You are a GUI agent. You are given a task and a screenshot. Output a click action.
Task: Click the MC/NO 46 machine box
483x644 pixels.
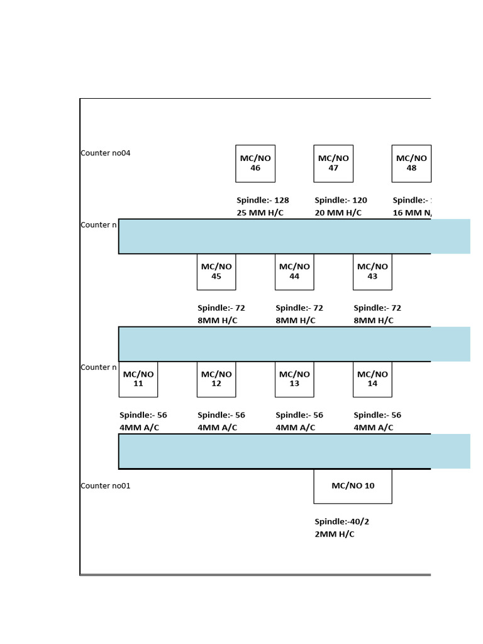click(255, 164)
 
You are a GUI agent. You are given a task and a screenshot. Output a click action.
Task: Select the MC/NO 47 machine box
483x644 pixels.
click(333, 164)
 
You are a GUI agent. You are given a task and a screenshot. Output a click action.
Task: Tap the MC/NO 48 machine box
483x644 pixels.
click(411, 164)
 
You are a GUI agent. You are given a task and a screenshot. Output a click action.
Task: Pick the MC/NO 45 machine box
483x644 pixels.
click(216, 272)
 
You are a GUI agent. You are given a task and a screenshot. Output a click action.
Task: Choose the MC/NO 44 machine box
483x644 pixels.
click(294, 272)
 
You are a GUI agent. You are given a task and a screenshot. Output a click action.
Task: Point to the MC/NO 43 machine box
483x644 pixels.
click(372, 272)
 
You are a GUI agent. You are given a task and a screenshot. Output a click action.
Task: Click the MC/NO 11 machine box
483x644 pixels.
click(138, 379)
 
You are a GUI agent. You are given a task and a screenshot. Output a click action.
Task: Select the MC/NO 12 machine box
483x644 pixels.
click(216, 379)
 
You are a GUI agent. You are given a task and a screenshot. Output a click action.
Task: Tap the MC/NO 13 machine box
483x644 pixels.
click(294, 379)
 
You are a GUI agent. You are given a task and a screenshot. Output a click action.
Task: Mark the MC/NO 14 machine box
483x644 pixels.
click(372, 379)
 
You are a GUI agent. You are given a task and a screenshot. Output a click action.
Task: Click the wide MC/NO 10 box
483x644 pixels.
click(353, 486)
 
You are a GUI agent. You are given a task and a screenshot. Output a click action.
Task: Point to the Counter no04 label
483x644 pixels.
click(106, 153)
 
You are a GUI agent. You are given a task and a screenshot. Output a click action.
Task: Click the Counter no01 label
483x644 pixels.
click(106, 486)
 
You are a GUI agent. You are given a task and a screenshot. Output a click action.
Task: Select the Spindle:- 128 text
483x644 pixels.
click(263, 201)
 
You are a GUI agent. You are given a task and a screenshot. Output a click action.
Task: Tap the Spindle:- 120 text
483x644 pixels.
click(341, 201)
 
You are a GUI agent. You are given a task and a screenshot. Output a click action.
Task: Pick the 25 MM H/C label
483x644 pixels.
click(260, 213)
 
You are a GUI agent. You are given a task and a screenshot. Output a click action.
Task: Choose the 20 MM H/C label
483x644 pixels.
click(338, 213)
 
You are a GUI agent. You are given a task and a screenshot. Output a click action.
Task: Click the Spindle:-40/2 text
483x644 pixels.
click(342, 522)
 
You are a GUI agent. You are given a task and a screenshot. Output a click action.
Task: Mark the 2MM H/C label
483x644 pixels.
click(335, 535)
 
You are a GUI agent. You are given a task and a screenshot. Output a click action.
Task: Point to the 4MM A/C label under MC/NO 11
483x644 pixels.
click(139, 428)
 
